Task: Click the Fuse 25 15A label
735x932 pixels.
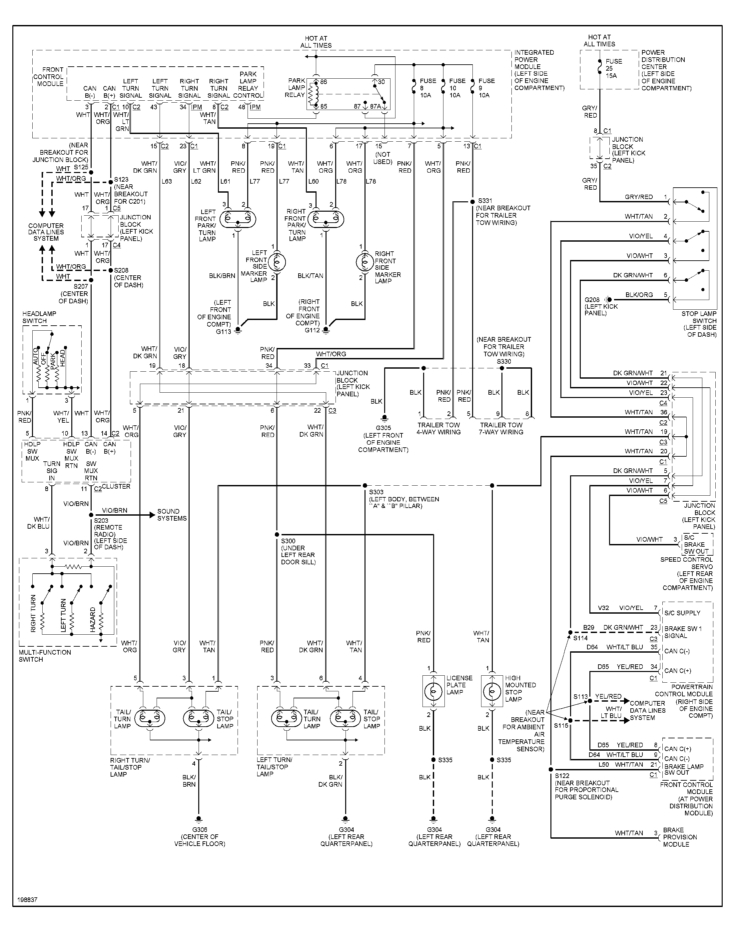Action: pyautogui.click(x=614, y=68)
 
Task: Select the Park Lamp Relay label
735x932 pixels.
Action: pyautogui.click(x=296, y=88)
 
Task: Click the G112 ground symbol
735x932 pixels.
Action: pyautogui.click(x=326, y=330)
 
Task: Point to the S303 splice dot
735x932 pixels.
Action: pyautogui.click(x=365, y=486)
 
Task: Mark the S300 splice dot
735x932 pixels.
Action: pyautogui.click(x=277, y=535)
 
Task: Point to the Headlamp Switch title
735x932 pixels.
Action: pyautogui.click(x=39, y=317)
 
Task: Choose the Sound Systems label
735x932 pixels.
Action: pyautogui.click(x=172, y=515)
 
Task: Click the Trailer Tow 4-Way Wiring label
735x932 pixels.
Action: pyautogui.click(x=438, y=428)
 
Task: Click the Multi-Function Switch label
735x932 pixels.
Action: pyautogui.click(x=45, y=656)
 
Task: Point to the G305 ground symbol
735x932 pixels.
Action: pyautogui.click(x=384, y=418)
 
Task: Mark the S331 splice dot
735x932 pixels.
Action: pyautogui.click(x=472, y=201)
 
